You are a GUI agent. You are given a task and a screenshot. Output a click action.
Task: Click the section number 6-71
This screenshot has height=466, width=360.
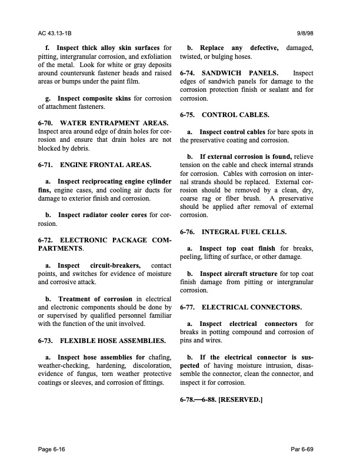click(x=46, y=167)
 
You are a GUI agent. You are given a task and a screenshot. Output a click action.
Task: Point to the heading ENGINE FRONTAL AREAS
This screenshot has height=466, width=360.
click(x=106, y=167)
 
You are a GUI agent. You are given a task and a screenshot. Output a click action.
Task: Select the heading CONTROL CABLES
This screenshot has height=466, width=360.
click(x=235, y=115)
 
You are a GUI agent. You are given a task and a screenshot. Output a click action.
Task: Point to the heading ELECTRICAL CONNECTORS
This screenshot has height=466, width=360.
click(x=251, y=307)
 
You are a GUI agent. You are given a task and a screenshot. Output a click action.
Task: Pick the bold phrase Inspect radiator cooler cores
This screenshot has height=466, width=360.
click(x=102, y=214)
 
